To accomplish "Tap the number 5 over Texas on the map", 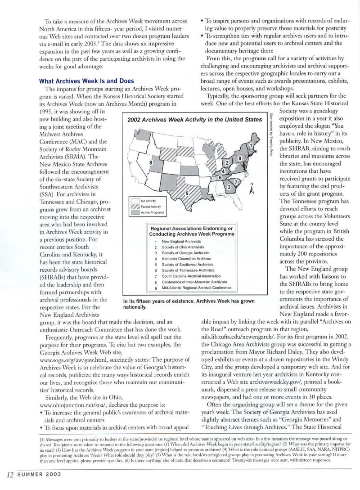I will tap(186, 193).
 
